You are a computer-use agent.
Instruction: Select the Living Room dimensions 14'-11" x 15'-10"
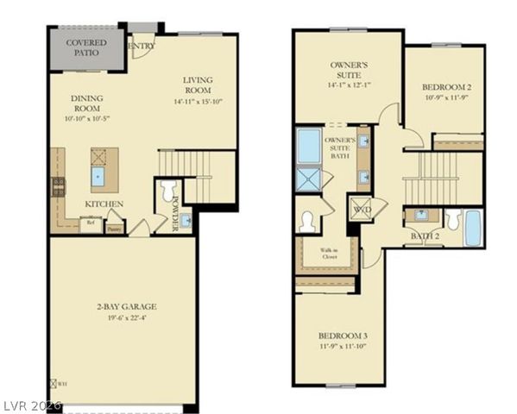tap(198, 101)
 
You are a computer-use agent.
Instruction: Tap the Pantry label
tap(114, 229)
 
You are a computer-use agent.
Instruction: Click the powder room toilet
tap(168, 189)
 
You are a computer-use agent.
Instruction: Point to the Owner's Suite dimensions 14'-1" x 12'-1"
tap(349, 85)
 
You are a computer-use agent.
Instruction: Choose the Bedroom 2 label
tap(444, 88)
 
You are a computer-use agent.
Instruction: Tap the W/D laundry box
tap(359, 209)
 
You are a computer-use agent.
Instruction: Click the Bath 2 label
tap(424, 236)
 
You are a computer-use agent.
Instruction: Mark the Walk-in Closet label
tap(324, 254)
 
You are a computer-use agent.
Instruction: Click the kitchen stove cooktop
tap(59, 186)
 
